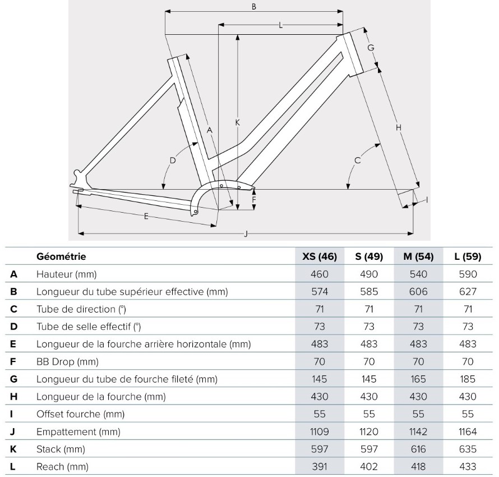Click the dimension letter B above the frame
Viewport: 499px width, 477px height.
pos(253,6)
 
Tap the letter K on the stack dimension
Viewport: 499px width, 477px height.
pos(237,122)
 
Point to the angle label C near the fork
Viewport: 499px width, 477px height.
pos(357,160)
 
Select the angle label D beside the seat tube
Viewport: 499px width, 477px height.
pos(173,160)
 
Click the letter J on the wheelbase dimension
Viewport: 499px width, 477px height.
pos(246,234)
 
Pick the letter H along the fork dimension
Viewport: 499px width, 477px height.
pos(399,128)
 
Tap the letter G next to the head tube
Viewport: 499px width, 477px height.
pos(371,48)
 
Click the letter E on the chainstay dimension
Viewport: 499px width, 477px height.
pos(146,217)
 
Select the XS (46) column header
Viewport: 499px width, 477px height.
pos(320,256)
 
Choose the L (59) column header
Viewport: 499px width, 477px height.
pos(468,256)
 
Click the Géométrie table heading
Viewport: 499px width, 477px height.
pos(61,256)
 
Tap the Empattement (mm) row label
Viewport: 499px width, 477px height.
pos(78,432)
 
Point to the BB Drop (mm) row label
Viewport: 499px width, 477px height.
pos(67,362)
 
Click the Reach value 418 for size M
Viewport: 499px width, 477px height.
pos(418,467)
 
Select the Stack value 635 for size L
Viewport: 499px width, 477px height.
pos(468,450)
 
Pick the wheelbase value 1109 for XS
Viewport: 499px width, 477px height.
pos(320,432)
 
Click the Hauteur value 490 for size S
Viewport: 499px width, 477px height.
pos(369,274)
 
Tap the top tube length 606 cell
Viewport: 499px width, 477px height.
pos(418,292)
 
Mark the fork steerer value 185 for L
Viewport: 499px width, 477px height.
pos(468,379)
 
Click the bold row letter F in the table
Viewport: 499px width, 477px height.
pos(13,362)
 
